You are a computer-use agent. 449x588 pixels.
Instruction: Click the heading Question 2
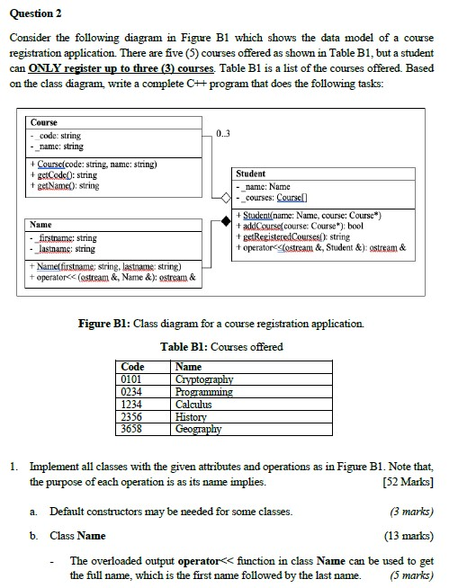click(35, 13)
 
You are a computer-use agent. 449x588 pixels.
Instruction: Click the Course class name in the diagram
click(44, 122)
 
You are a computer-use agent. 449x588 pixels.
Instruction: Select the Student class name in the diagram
click(250, 174)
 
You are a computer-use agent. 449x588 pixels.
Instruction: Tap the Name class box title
click(41, 224)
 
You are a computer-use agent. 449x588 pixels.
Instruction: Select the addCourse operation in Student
click(292, 226)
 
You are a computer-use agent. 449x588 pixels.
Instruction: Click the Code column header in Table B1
click(132, 367)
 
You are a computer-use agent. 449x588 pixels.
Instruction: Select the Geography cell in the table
click(200, 430)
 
